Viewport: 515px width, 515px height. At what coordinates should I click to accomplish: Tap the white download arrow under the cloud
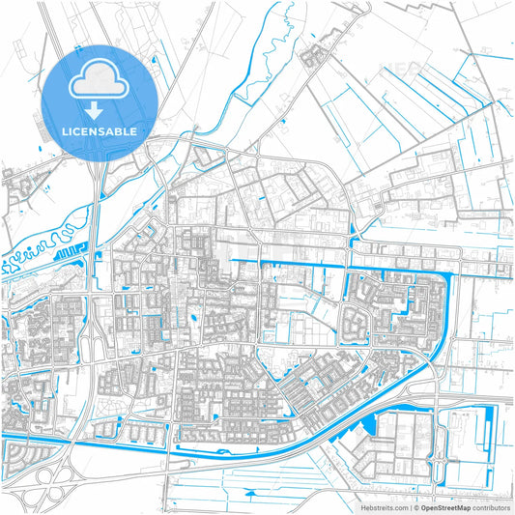[100, 109]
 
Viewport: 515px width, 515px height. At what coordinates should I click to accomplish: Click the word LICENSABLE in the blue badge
[100, 129]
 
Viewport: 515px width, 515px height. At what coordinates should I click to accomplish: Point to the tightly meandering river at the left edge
[39, 247]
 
